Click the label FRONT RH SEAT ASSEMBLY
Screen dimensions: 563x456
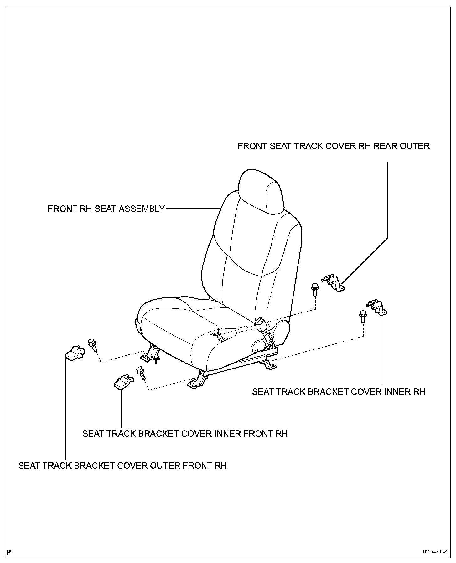click(106, 209)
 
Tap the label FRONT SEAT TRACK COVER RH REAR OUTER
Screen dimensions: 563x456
click(334, 146)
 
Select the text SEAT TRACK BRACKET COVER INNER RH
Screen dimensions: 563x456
click(339, 392)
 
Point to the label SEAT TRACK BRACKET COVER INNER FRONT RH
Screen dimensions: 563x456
click(185, 434)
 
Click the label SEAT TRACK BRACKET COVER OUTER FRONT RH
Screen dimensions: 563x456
click(122, 466)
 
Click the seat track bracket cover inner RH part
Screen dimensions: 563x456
click(377, 308)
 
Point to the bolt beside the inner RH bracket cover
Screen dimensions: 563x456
click(363, 316)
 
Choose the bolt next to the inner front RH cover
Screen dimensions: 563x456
click(140, 373)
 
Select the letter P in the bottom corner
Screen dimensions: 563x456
click(8, 552)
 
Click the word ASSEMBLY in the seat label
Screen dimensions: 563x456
click(146, 209)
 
